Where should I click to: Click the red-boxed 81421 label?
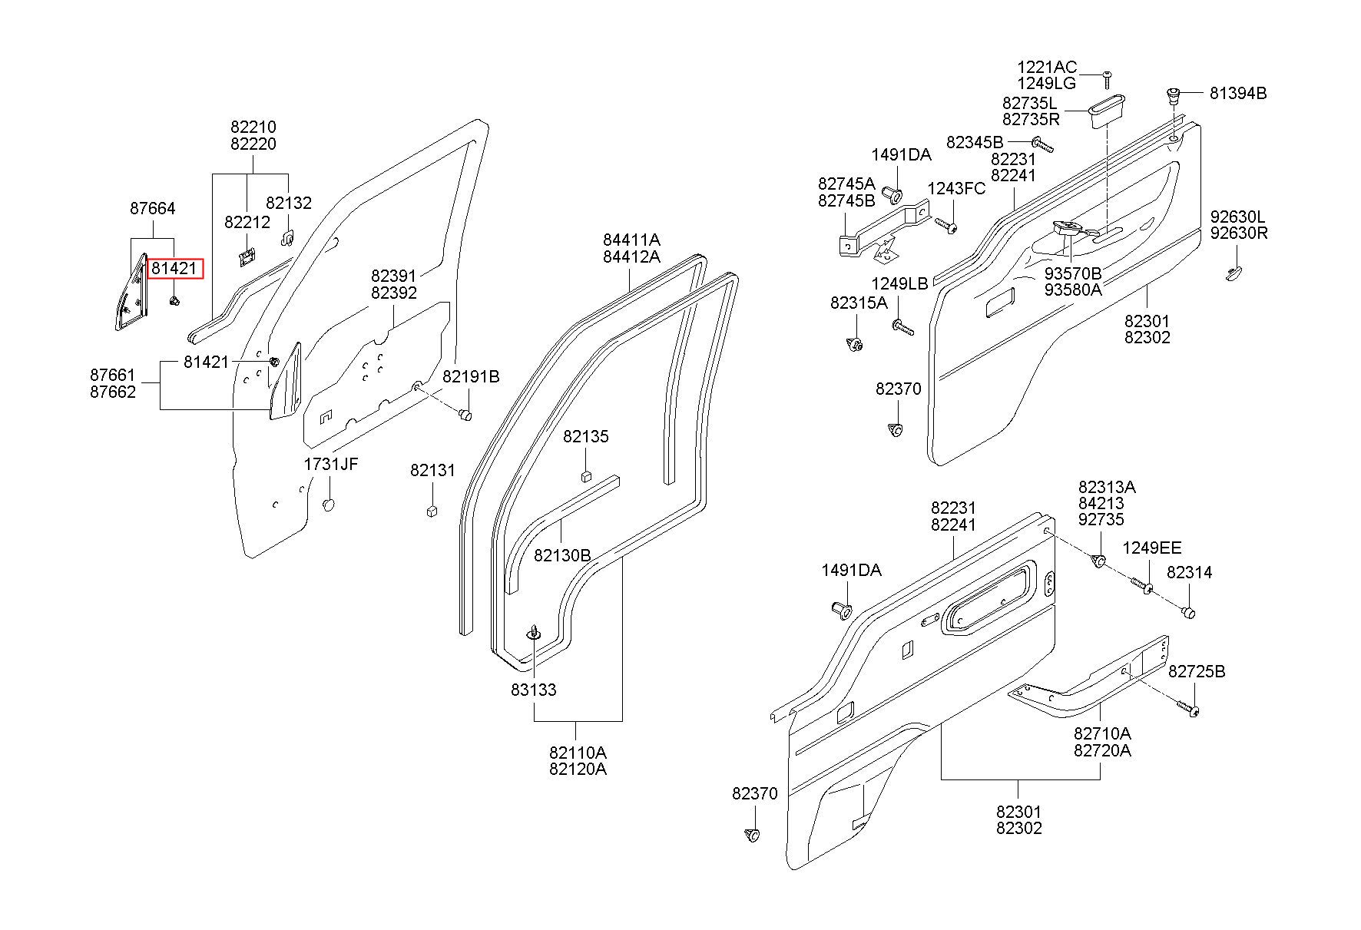[175, 268]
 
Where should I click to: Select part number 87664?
[152, 208]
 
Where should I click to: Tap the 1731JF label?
[331, 464]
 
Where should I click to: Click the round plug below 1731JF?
[329, 505]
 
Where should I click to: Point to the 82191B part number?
[471, 376]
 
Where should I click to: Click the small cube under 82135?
[586, 475]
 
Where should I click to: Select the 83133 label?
[534, 690]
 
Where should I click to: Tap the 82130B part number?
[562, 554]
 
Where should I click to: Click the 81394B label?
[1238, 94]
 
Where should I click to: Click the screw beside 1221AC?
[1107, 78]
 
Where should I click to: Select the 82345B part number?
[975, 142]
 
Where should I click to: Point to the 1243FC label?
[956, 189]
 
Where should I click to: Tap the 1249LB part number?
[899, 284]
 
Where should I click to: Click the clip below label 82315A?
[854, 345]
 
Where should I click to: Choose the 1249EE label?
[1152, 548]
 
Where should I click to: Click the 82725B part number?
[1197, 672]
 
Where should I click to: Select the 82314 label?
[1190, 572]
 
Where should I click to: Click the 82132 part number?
[289, 203]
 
